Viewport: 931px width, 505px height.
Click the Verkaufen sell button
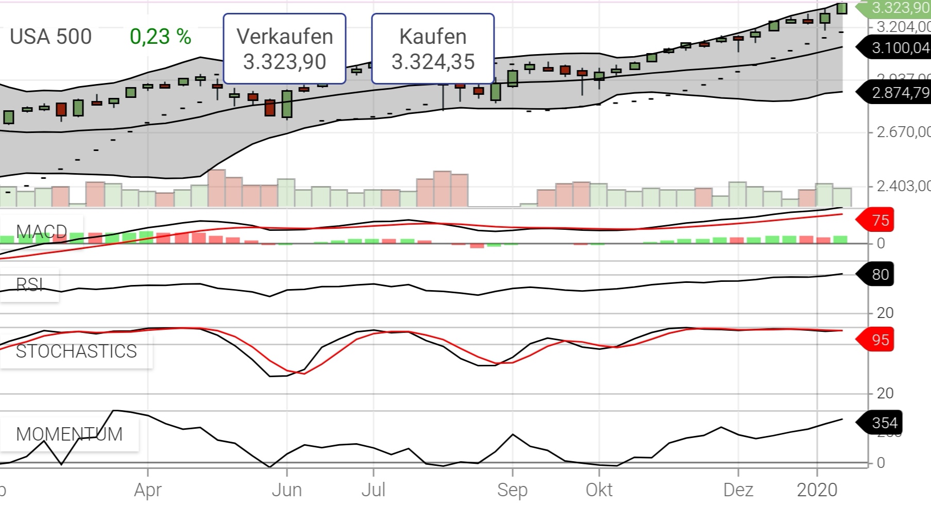pos(284,49)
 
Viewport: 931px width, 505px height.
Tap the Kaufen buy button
pos(433,49)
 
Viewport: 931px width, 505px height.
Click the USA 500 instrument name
pos(50,37)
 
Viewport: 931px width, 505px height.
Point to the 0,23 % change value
pos(160,37)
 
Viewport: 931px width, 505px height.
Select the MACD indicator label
pos(41,231)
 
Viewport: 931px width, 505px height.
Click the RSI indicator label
pos(29,284)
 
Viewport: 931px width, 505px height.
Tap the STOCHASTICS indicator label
pos(76,351)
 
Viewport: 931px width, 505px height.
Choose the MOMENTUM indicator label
pos(69,434)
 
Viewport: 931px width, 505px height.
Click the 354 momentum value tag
pos(882,423)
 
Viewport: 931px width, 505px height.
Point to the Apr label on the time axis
pos(148,490)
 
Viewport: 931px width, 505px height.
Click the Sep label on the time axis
pos(512,490)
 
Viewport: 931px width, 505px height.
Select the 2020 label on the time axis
pos(817,490)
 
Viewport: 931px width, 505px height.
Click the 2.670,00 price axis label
pos(903,132)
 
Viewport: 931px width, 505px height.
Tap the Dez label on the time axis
pos(738,490)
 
